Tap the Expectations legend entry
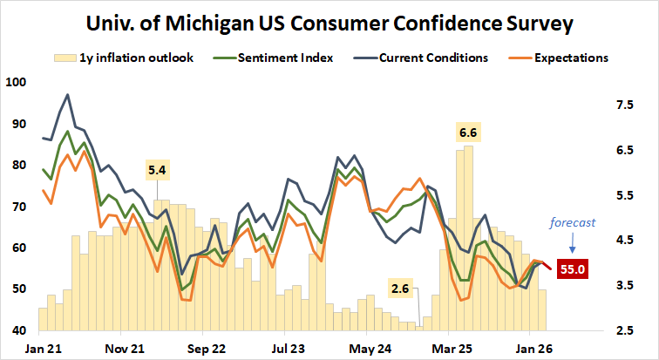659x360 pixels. [x=558, y=58]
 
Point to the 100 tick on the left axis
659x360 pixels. [x=16, y=82]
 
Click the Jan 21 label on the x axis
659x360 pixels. [x=42, y=348]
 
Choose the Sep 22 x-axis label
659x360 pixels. [x=206, y=348]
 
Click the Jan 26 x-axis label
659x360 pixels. [x=533, y=348]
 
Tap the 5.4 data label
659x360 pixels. [x=158, y=170]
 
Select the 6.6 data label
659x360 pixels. [x=468, y=132]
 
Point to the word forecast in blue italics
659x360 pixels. [x=572, y=222]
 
